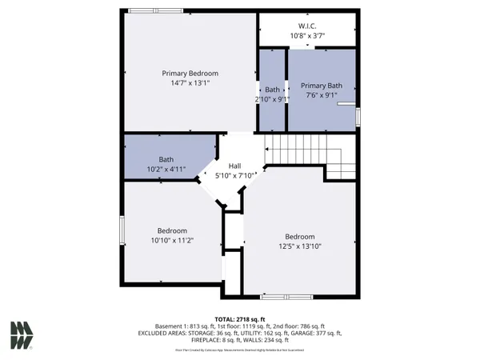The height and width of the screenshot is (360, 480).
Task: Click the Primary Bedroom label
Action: [190, 73]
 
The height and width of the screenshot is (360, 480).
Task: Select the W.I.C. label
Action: [308, 25]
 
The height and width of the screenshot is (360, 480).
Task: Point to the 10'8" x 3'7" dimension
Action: [308, 35]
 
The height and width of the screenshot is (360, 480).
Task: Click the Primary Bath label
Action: [321, 86]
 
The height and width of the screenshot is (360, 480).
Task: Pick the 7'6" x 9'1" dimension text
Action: [321, 95]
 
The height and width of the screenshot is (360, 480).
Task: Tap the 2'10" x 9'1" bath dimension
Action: [273, 99]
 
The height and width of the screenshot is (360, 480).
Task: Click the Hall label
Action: [234, 166]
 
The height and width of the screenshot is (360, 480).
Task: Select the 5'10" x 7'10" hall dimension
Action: [234, 175]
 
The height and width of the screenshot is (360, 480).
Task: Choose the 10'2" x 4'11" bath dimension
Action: [166, 170]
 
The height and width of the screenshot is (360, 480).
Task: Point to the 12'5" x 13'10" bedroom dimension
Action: [300, 246]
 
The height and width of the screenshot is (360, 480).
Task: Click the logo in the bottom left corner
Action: [22, 334]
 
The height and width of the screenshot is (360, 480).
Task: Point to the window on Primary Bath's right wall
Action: [358, 117]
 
